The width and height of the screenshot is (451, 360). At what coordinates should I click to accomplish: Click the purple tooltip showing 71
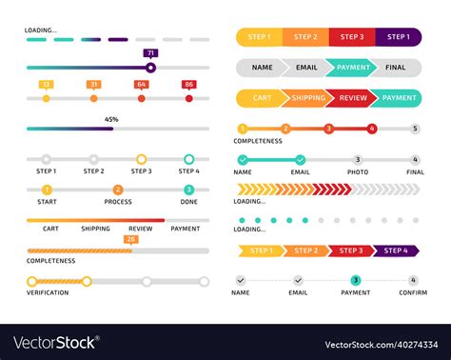150,54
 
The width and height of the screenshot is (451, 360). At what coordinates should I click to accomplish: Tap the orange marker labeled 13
46,85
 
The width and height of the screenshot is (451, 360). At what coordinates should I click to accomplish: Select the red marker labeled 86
188,85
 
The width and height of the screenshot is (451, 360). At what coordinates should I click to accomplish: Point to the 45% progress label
111,119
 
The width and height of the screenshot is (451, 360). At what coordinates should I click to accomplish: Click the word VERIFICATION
48,292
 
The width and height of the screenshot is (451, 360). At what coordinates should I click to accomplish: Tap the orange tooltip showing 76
131,239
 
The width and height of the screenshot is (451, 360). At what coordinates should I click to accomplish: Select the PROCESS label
118,201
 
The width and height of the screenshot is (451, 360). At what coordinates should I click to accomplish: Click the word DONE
188,201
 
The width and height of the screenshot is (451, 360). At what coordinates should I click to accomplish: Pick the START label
46,201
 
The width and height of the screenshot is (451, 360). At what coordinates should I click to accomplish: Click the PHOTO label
357,172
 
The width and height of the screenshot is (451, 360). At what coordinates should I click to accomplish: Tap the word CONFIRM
413,292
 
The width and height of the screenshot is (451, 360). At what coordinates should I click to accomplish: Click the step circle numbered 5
414,128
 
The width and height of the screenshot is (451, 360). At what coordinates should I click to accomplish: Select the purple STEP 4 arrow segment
395,250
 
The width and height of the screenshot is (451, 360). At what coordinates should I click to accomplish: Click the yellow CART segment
260,98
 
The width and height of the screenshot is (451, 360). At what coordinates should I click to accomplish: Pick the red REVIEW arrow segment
354,98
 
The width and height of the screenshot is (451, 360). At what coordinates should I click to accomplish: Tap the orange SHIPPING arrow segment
307,98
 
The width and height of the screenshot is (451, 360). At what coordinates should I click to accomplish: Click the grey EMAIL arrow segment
306,68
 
